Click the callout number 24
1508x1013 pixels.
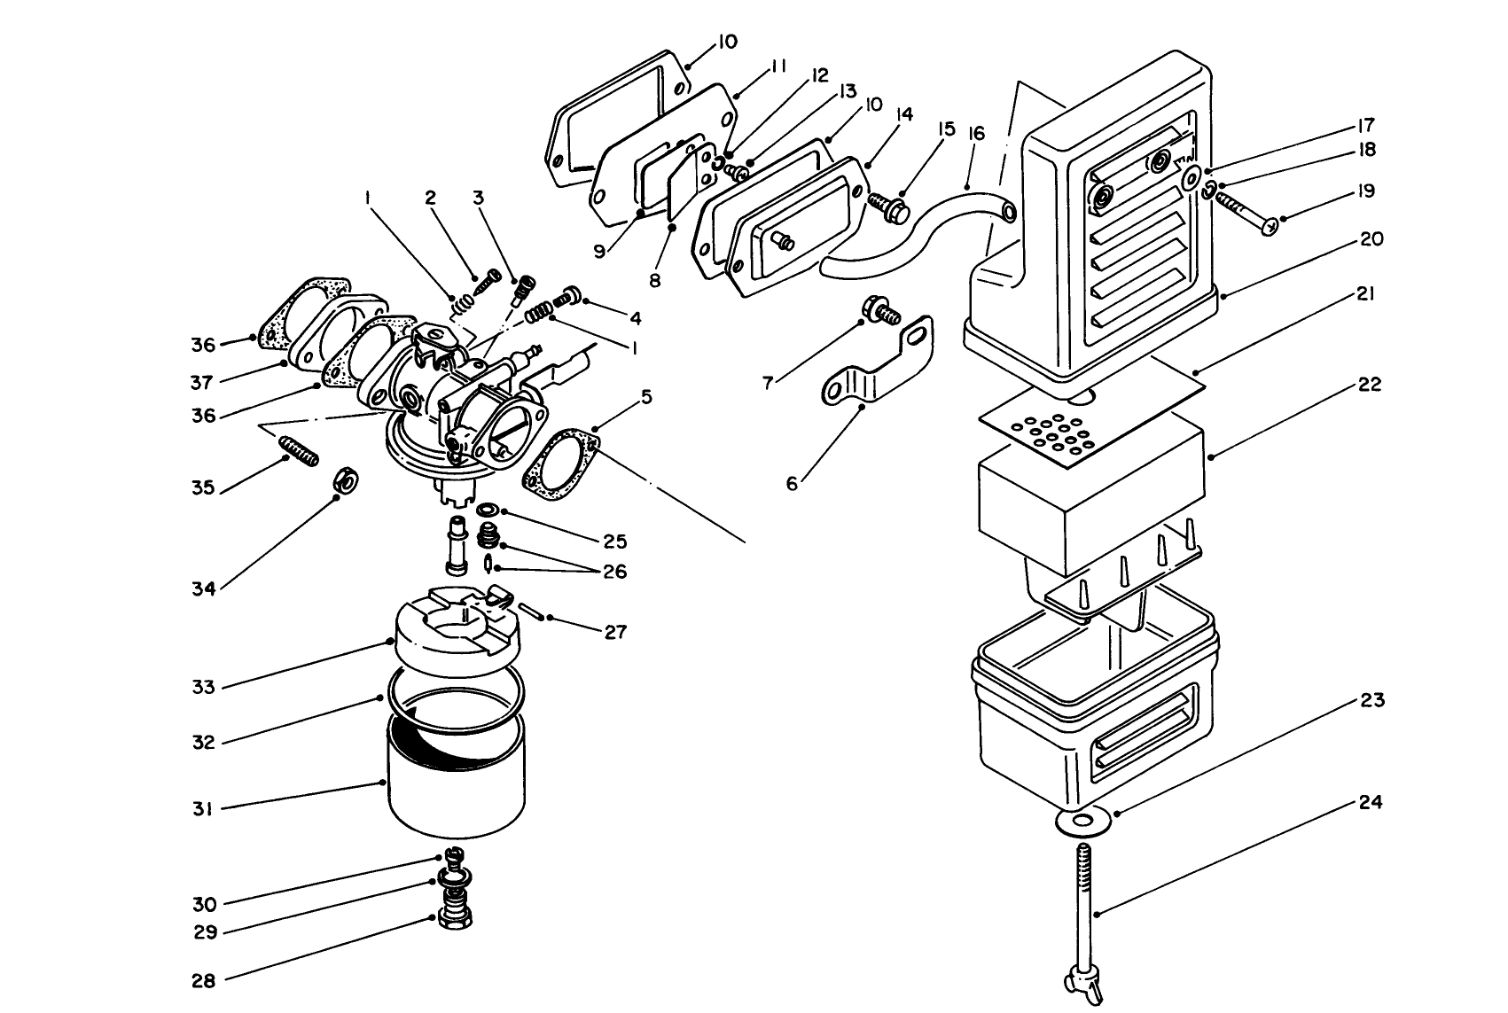[1370, 802]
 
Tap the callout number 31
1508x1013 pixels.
[204, 808]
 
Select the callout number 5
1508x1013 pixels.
[646, 397]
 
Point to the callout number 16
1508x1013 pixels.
[976, 134]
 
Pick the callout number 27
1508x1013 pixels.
[615, 632]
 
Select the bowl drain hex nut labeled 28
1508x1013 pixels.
[454, 920]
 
